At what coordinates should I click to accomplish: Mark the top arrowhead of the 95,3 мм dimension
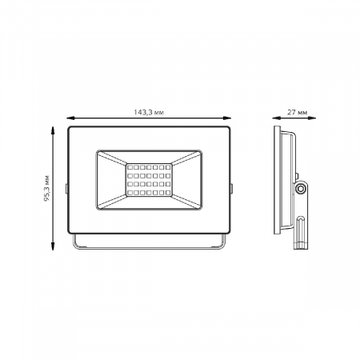point(54,126)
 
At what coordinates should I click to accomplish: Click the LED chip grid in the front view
point(149,181)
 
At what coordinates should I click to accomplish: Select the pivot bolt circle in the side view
point(302,188)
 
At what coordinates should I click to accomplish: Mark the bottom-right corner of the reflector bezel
point(201,213)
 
